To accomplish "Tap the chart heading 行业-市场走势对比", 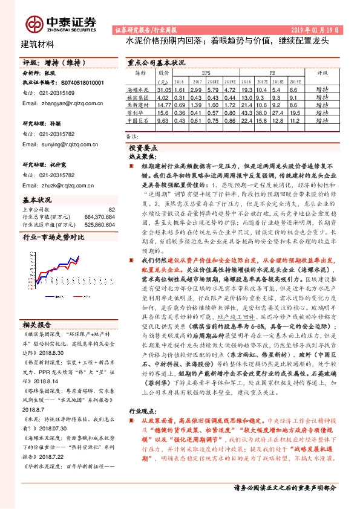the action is coord(53,238).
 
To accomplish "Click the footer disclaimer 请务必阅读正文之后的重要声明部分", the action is coord(284,487).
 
